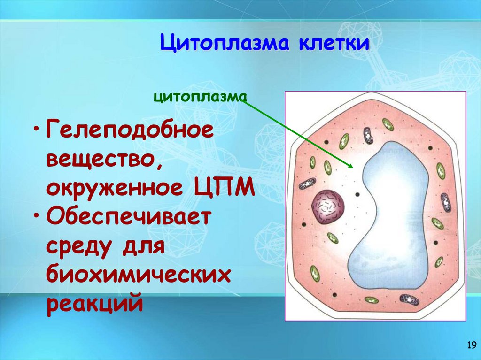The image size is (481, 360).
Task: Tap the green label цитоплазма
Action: [200, 97]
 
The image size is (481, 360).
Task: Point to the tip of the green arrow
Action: [352, 167]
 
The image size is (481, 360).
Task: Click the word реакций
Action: [94, 304]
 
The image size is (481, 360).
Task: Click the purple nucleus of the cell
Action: [327, 205]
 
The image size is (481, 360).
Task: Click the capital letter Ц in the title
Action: [167, 45]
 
